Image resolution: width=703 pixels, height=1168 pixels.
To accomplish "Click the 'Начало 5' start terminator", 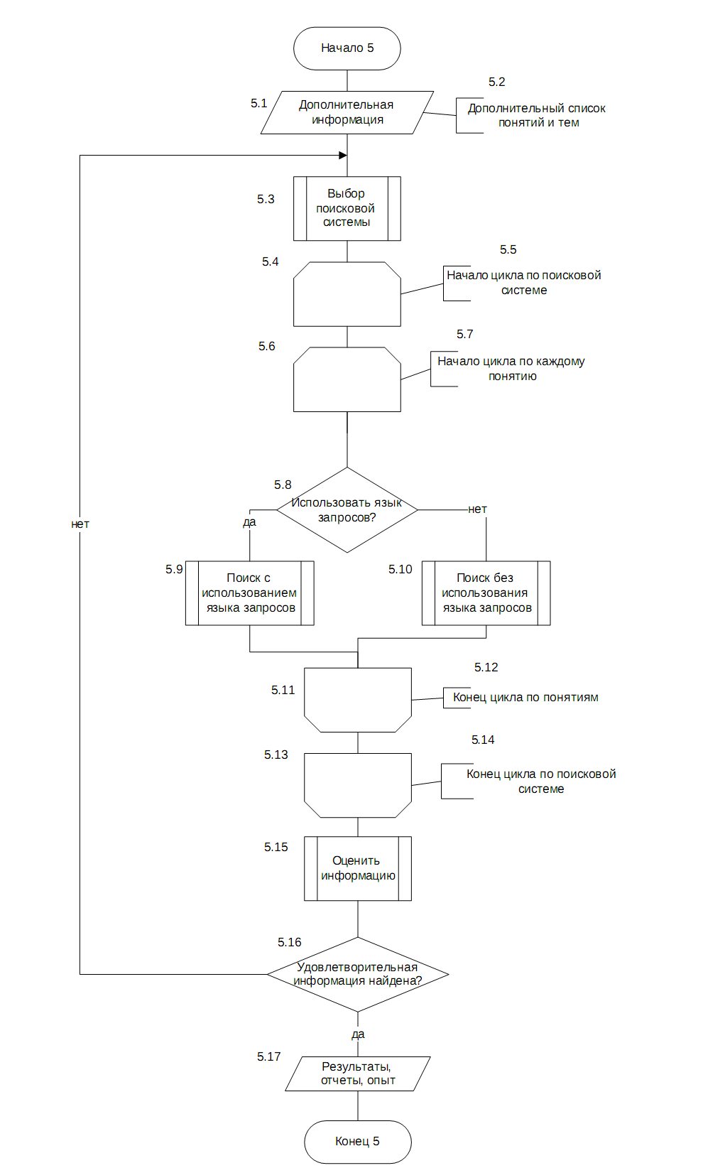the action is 347,48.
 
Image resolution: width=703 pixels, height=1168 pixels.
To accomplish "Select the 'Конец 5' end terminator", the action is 357,1142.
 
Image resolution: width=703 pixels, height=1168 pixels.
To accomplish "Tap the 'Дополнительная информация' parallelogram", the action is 347,113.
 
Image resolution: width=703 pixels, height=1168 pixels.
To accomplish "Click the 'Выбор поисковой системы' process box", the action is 347,209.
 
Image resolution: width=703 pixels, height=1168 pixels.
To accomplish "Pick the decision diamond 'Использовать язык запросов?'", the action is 347,509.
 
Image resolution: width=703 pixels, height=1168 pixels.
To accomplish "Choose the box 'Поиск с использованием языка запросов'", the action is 250,593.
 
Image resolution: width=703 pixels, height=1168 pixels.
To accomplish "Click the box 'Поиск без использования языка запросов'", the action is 486,593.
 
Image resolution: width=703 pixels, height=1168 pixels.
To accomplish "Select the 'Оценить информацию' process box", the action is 357,869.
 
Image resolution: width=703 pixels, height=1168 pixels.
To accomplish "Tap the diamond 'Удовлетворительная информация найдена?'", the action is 357,974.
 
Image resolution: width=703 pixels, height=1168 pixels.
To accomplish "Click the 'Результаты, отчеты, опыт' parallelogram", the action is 357,1074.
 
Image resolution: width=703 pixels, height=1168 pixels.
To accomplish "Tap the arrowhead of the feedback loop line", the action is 343,156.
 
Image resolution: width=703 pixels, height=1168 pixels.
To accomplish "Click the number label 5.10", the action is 400,569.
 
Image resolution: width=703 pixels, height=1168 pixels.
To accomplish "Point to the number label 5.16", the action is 289,942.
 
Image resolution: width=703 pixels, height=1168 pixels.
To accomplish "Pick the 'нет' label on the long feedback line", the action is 80,524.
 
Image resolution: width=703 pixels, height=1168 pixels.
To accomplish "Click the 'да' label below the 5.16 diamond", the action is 358,1034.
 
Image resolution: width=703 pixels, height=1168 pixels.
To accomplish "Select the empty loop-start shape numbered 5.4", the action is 347,294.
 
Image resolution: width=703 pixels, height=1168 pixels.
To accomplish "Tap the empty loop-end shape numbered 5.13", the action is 357,785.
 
